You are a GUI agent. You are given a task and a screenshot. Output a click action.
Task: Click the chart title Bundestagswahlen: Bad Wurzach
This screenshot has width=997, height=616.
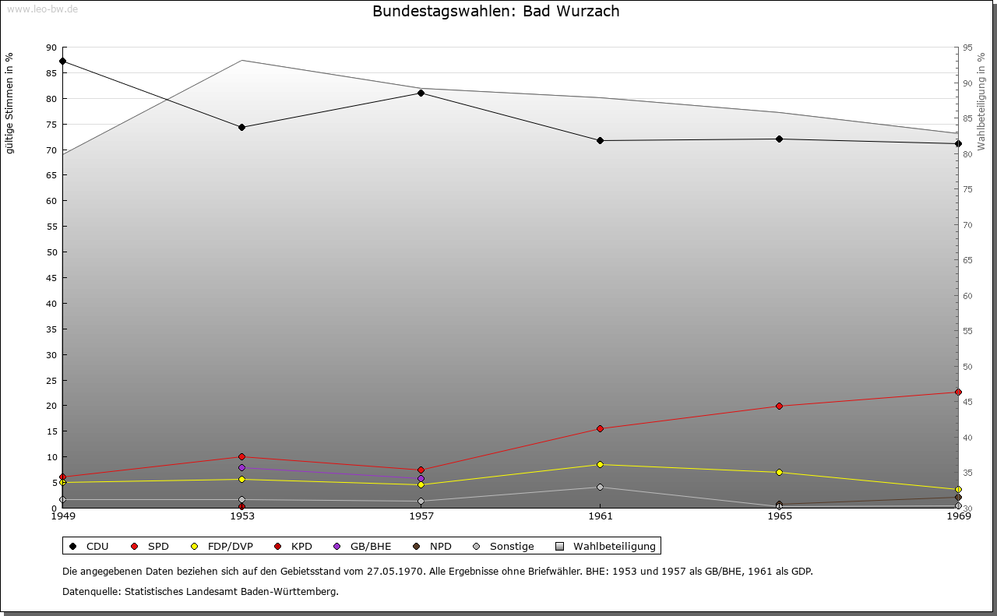click(x=496, y=11)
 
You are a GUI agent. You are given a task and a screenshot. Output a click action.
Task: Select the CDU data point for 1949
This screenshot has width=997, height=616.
click(x=62, y=61)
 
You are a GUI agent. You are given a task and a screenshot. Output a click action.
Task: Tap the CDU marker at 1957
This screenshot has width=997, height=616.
click(x=421, y=93)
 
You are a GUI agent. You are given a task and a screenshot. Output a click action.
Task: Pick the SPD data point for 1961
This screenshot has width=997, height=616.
click(x=600, y=428)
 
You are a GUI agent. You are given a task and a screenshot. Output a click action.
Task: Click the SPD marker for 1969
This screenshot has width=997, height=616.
click(x=958, y=392)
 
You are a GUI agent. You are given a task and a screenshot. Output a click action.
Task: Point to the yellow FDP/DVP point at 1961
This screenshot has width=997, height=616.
click(x=600, y=464)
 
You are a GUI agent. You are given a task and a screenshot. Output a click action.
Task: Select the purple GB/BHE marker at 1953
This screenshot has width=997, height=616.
click(x=241, y=467)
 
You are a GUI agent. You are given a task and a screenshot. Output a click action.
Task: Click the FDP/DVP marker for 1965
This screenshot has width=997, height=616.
click(x=779, y=472)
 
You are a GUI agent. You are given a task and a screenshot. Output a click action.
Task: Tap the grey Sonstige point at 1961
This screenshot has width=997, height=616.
click(x=600, y=487)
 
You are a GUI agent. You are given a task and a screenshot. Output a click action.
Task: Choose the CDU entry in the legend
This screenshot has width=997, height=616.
click(x=90, y=546)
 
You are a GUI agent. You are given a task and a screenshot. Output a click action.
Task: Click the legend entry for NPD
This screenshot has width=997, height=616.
click(x=432, y=546)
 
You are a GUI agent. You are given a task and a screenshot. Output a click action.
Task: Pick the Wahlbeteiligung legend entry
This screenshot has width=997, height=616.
click(x=607, y=546)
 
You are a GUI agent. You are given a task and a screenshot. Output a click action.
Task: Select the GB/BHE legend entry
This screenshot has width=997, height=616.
click(x=363, y=546)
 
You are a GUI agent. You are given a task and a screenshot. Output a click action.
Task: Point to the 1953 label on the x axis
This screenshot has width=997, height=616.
click(x=241, y=516)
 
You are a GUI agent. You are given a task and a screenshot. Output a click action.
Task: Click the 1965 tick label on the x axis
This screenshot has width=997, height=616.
click(x=779, y=516)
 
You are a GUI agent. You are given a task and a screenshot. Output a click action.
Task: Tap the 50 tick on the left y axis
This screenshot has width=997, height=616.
click(x=51, y=252)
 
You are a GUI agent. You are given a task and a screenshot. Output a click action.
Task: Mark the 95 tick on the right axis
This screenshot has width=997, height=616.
click(x=967, y=47)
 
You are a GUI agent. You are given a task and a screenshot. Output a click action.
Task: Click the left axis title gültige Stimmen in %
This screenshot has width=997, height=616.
click(x=10, y=104)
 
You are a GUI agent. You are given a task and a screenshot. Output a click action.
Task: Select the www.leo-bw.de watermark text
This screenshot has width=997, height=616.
click(x=42, y=9)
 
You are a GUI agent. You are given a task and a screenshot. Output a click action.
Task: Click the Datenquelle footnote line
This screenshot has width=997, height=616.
click(x=200, y=591)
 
